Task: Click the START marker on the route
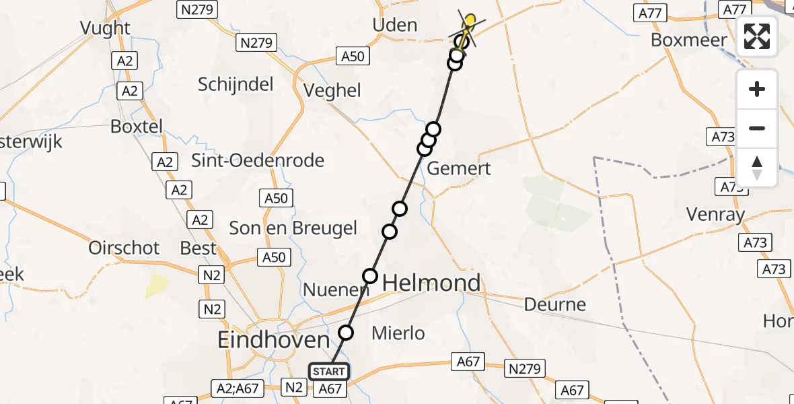tap(329, 372)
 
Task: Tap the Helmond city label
tap(431, 283)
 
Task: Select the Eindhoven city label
tap(273, 340)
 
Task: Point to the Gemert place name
tap(460, 168)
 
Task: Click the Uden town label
tap(394, 26)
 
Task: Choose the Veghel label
tap(332, 90)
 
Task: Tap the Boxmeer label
tap(688, 40)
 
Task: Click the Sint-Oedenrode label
tap(258, 161)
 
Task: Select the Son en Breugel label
tap(293, 228)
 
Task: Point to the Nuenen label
tap(336, 290)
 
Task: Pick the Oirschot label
tap(124, 248)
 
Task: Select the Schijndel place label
tap(236, 84)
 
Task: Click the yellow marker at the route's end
tap(470, 20)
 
